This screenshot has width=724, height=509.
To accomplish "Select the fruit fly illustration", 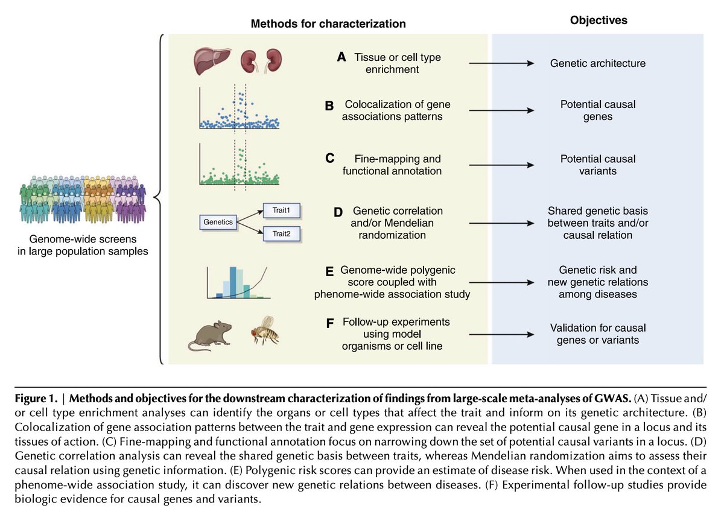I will click(x=266, y=331).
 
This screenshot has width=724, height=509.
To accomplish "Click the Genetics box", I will click(x=218, y=222).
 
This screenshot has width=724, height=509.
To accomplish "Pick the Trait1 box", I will click(x=282, y=210).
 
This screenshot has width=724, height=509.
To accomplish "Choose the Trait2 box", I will click(x=282, y=234).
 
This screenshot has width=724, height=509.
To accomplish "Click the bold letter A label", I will click(x=341, y=57).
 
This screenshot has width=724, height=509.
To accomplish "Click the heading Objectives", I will click(x=599, y=21).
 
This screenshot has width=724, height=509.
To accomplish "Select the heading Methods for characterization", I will click(x=328, y=24).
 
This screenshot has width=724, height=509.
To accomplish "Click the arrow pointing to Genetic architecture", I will click(x=501, y=63).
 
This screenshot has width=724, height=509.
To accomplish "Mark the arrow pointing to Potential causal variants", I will click(x=501, y=165).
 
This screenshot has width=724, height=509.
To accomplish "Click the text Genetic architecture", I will click(x=597, y=63).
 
